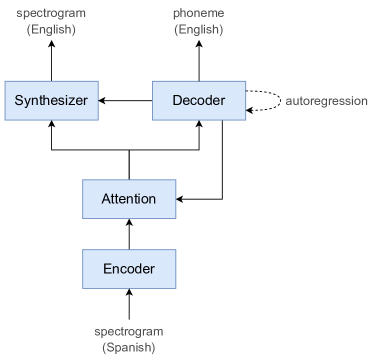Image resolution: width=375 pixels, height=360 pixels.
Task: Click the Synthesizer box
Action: pos(52,100)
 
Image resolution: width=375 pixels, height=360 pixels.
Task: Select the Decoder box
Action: pos(199,100)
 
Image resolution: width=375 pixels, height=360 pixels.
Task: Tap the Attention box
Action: pos(129,198)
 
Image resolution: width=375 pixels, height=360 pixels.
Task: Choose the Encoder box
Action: pos(129,268)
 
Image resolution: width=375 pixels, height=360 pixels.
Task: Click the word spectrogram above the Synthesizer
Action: pos(51,14)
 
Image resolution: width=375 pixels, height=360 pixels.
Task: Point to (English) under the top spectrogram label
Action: pos(51,30)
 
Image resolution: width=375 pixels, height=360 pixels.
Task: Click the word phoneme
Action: pos(198,14)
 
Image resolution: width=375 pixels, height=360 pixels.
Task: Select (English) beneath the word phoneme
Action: pos(198,30)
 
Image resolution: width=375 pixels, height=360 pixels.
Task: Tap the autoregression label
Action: pos(326,101)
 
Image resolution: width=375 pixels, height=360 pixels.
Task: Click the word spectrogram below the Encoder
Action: pos(128,331)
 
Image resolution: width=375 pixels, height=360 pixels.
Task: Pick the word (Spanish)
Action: pos(128,347)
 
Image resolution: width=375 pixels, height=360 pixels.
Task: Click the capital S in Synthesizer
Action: pos(19,100)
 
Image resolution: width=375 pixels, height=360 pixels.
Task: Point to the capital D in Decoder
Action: pos(177,100)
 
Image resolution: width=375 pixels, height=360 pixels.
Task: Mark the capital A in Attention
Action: pos(106,198)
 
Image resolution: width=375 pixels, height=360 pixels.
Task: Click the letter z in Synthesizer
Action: pos(73,101)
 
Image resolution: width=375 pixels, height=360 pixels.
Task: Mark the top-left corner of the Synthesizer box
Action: pos(5,82)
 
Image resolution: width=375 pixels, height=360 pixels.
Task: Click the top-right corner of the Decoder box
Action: pos(246,82)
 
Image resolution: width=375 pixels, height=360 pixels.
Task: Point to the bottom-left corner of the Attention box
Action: pos(82,217)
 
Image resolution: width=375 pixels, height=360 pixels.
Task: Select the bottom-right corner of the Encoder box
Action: pos(176,287)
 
